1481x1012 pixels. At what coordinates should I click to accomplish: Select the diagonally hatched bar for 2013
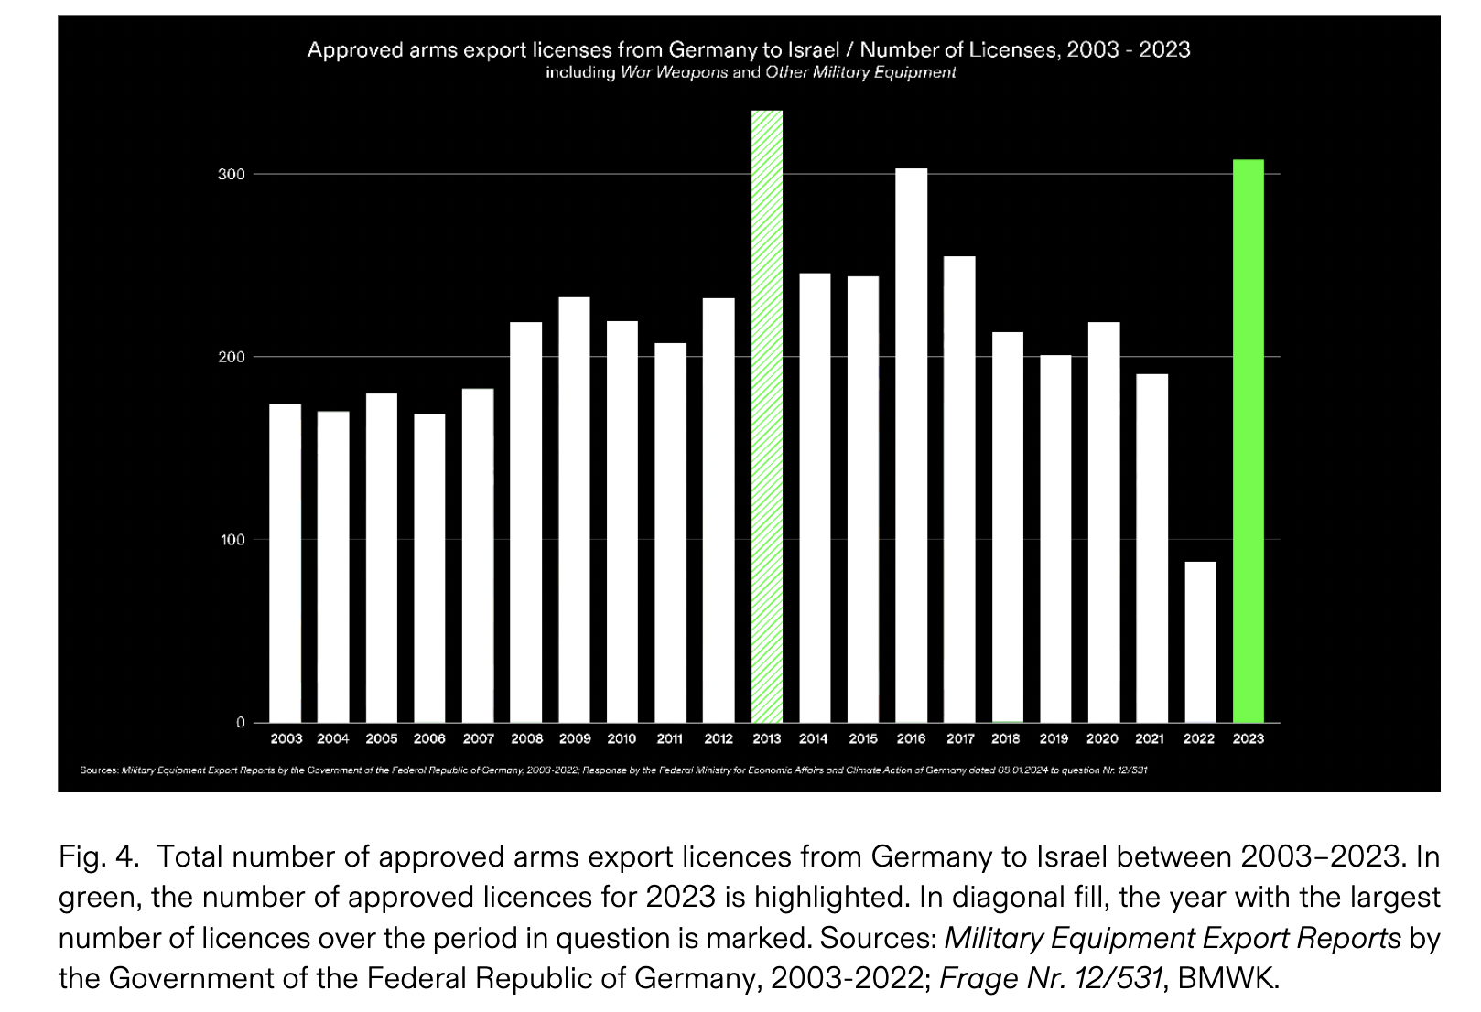[767, 416]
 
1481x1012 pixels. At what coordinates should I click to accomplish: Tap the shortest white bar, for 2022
[1200, 641]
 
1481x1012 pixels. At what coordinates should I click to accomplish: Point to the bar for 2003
[285, 563]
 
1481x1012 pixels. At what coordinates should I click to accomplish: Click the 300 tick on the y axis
[232, 175]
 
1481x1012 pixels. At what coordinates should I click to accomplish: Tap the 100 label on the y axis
[232, 540]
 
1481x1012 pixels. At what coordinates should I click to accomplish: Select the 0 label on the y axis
[241, 723]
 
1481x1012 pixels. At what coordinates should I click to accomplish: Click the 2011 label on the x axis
[669, 738]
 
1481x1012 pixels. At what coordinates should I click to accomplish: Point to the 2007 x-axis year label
[478, 738]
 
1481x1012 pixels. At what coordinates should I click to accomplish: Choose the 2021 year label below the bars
[1150, 738]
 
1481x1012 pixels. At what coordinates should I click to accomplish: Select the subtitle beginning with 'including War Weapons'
[751, 72]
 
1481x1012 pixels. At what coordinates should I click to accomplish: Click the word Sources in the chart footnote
[99, 770]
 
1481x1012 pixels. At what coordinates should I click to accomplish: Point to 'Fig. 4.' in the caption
[98, 856]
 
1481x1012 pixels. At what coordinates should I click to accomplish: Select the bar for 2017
[959, 490]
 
